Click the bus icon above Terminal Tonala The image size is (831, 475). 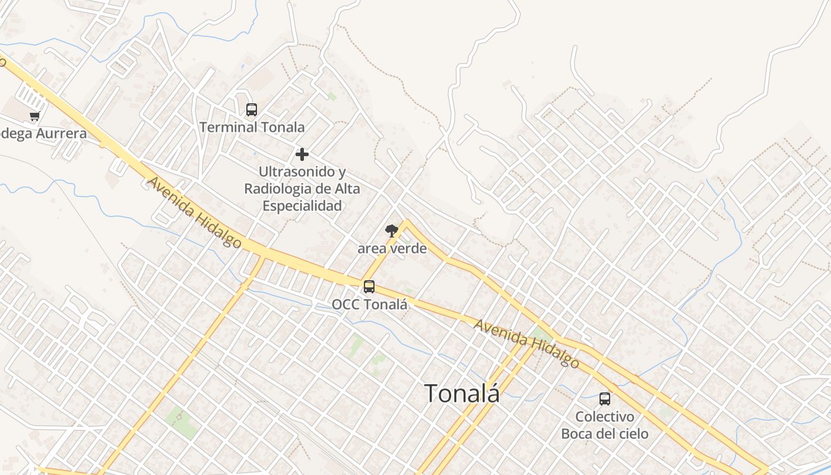coord(252,110)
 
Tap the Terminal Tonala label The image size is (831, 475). coord(252,127)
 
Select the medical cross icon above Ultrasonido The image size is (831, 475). coord(302,154)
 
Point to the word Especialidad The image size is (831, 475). coord(302,206)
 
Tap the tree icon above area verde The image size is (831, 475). coord(391,230)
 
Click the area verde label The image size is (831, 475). coord(392,248)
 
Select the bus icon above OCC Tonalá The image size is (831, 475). coord(369,287)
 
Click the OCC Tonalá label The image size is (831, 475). coord(369,305)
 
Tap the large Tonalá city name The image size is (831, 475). coord(462,393)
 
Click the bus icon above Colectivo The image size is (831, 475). coord(605,399)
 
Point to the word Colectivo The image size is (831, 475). coord(605,417)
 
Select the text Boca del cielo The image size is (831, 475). coord(605,434)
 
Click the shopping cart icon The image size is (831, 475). coord(35,116)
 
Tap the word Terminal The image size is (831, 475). coord(227,127)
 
